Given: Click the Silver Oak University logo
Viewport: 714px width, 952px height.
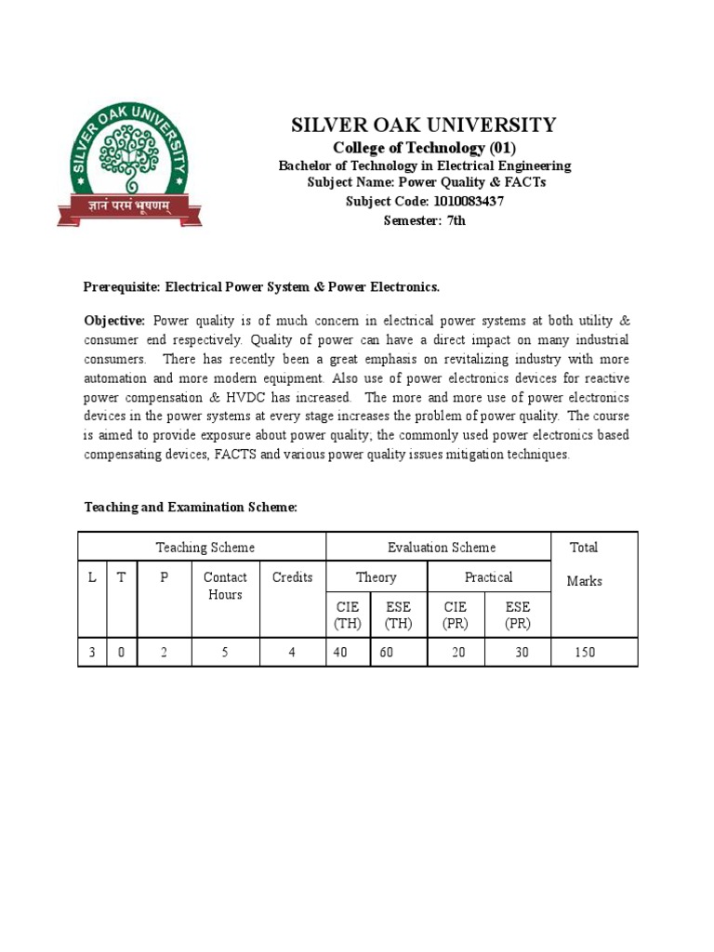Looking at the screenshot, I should click(x=130, y=165).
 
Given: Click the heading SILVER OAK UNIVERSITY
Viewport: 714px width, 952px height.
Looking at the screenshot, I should click(x=424, y=126).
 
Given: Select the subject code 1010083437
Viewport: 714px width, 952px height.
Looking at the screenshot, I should click(x=465, y=201).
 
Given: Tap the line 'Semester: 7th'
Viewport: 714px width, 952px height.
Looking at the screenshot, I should click(x=425, y=220).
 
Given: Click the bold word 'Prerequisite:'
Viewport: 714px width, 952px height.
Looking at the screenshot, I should click(x=125, y=286).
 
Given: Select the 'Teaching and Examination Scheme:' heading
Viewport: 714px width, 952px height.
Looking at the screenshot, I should click(x=191, y=507).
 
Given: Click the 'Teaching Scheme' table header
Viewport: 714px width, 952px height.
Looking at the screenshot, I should click(x=205, y=548).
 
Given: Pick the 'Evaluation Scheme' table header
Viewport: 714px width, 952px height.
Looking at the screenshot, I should click(x=442, y=548).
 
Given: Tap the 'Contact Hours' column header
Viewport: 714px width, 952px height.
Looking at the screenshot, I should click(x=225, y=586).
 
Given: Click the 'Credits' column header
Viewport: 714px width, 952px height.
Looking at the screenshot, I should click(x=292, y=577).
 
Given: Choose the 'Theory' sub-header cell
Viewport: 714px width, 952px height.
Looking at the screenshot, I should click(x=376, y=577).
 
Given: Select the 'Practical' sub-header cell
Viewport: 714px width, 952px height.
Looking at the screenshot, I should click(x=488, y=577).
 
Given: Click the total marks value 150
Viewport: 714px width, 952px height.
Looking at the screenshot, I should click(x=584, y=653).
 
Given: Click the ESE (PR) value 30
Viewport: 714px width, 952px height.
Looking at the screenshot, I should click(x=522, y=653).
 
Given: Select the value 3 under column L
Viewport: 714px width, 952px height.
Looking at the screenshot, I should click(x=92, y=653).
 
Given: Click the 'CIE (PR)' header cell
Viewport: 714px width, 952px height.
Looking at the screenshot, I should click(x=456, y=615).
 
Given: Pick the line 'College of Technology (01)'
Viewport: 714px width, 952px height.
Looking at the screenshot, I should click(x=424, y=149).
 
